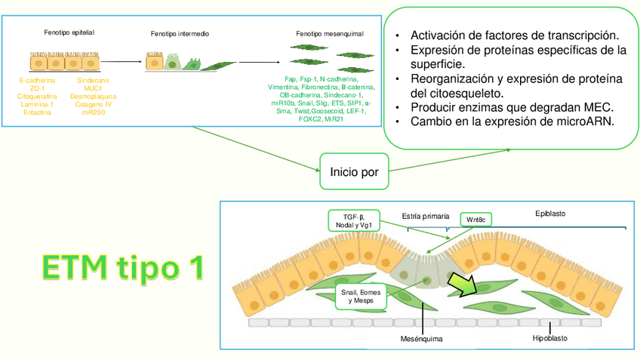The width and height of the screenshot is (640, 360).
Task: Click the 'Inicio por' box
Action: tap(355, 172)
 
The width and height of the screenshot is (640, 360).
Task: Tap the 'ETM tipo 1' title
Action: tap(122, 267)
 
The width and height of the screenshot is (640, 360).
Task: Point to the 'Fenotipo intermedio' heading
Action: tap(180, 34)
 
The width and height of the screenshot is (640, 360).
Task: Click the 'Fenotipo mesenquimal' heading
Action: tap(330, 34)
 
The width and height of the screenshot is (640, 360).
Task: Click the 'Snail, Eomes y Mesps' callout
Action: tap(360, 296)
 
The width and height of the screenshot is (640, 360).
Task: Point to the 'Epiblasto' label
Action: tap(549, 214)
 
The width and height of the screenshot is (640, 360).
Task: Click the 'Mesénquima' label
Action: tap(421, 339)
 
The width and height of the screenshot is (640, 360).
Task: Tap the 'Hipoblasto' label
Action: tap(550, 338)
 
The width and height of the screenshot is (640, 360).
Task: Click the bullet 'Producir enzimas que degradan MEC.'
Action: tap(511, 107)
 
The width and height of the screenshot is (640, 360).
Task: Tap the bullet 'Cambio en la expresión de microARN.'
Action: tap(511, 121)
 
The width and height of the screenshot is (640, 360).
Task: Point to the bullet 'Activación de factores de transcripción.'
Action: tap(515, 35)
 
